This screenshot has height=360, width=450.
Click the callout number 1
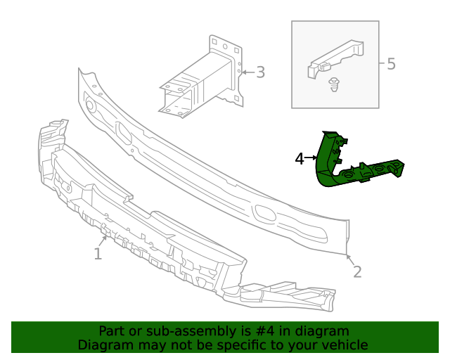pyautogui.click(x=98, y=253)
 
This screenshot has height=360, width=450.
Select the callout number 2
pyautogui.click(x=357, y=271)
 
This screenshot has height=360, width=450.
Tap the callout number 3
pyautogui.click(x=260, y=72)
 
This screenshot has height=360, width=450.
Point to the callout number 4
pyautogui.click(x=300, y=159)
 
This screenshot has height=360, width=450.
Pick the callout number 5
pyautogui.click(x=391, y=64)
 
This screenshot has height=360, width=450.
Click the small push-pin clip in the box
pyautogui.click(x=335, y=86)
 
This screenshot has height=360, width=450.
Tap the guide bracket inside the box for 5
pyautogui.click(x=336, y=58)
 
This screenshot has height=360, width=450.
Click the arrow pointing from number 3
pyautogui.click(x=245, y=72)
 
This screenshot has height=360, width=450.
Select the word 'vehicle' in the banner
pyautogui.click(x=345, y=345)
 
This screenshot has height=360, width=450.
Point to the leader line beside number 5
pyautogui.click(x=382, y=64)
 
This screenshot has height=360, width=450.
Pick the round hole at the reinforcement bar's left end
pyautogui.click(x=90, y=106)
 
